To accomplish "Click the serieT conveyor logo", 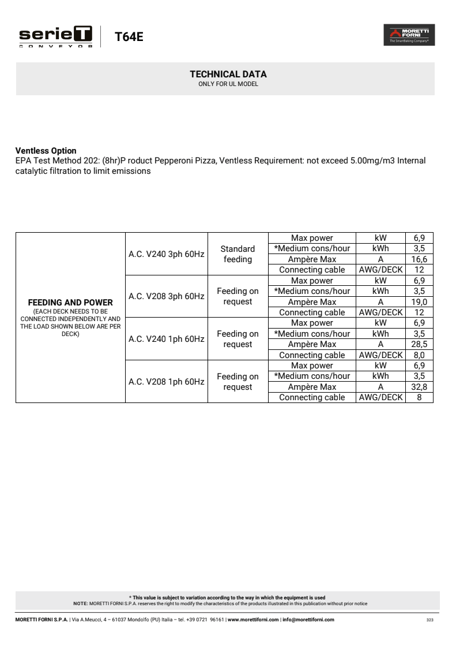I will [56, 36].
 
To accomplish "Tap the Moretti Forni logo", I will [409, 35].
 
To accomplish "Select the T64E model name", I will [129, 37].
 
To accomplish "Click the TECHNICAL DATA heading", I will [228, 74].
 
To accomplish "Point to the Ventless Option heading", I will [46, 151].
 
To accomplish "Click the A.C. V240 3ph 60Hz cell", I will [166, 254].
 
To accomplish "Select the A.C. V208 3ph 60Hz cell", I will [166, 296].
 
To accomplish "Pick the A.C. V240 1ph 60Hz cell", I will [166, 339].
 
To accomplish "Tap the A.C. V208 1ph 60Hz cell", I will [166, 382].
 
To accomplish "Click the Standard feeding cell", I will [238, 254].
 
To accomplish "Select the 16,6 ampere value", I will [419, 259].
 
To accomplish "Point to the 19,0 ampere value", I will [419, 302].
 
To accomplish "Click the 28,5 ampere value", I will [419, 344].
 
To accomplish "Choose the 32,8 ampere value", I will [419, 387].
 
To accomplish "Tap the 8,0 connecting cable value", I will [419, 355].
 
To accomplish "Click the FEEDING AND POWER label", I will [70, 302].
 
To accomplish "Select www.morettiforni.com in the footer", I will [253, 620].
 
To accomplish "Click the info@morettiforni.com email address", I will [308, 620].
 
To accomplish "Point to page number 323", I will [429, 620].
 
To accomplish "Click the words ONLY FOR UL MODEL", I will [228, 84].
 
